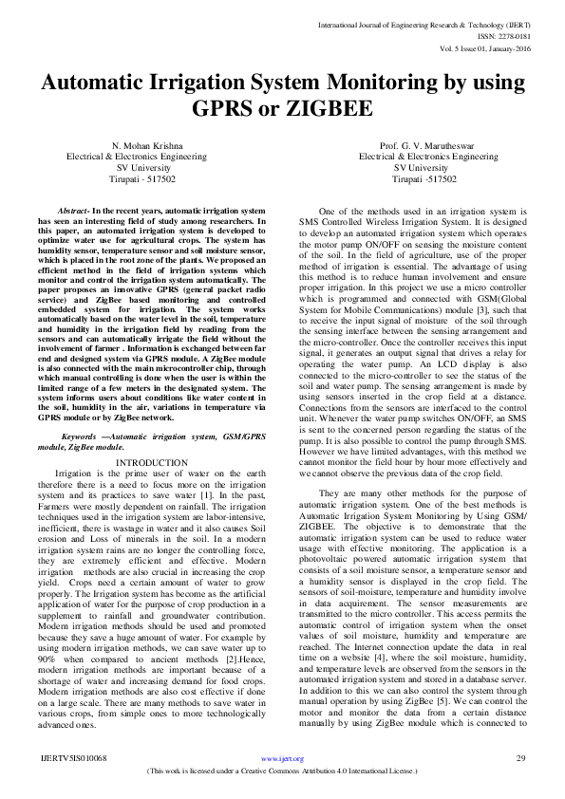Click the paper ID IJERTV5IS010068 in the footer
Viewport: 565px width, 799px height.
pyautogui.click(x=73, y=759)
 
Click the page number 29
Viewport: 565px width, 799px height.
pyautogui.click(x=520, y=759)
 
